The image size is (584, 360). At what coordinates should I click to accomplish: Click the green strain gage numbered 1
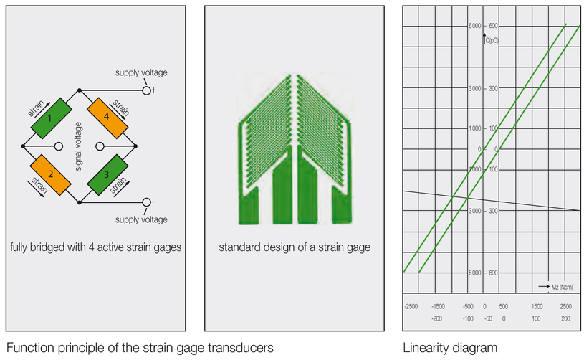[x=51, y=118]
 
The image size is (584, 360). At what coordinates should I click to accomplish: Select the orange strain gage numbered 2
[x=50, y=175]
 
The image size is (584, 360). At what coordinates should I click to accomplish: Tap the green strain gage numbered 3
[x=107, y=175]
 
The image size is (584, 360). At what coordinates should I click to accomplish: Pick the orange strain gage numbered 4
[x=107, y=118]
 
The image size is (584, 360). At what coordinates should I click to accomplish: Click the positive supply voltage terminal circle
[x=147, y=90]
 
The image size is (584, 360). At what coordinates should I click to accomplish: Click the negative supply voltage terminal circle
[x=147, y=202]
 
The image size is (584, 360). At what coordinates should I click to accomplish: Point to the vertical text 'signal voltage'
[x=79, y=146]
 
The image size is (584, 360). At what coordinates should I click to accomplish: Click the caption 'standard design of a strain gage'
[x=295, y=247]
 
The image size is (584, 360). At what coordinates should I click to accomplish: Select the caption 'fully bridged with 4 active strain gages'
[x=96, y=247]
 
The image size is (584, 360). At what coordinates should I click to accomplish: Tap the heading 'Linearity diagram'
[x=450, y=348]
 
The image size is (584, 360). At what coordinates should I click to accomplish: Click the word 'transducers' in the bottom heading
[x=241, y=348]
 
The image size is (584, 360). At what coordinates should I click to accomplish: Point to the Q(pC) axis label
[x=492, y=41]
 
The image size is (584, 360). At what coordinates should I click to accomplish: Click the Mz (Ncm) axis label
[x=562, y=287]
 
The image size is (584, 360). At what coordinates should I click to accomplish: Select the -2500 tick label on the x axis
[x=411, y=307]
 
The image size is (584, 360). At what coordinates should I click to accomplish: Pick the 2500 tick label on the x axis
[x=566, y=307]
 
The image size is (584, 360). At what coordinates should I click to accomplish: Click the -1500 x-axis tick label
[x=438, y=307]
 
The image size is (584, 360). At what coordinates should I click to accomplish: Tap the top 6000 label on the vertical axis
[x=475, y=26]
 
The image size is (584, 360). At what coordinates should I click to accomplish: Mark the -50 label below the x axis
[x=488, y=318]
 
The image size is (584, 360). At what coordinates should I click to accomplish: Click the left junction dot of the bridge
[x=23, y=146]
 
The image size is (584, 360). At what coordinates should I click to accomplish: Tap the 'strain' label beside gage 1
[x=37, y=108]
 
